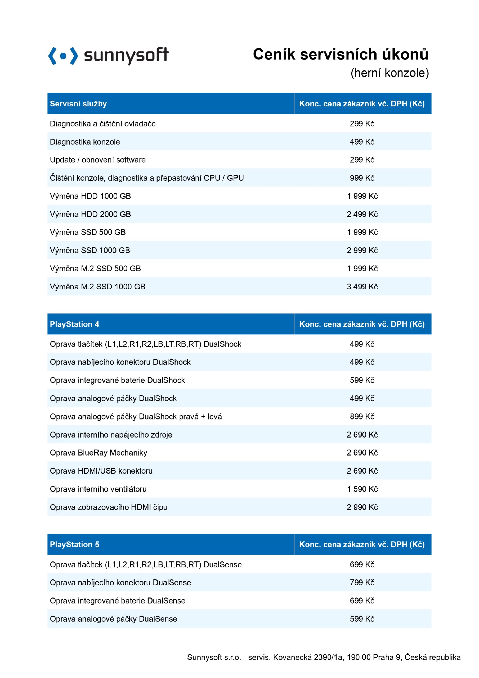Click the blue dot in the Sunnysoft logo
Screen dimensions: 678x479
click(63, 56)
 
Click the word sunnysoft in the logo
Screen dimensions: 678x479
click(126, 55)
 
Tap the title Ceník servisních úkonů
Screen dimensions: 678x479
click(340, 54)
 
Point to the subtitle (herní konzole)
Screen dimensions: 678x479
click(389, 73)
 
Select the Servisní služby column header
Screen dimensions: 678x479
click(78, 104)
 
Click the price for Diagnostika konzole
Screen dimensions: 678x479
click(362, 142)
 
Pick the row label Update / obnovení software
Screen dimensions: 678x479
click(97, 160)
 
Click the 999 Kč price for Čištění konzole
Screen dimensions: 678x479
click(362, 178)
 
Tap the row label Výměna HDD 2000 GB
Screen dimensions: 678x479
click(90, 214)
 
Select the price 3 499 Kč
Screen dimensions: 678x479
click(362, 287)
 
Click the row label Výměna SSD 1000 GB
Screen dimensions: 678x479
click(90, 251)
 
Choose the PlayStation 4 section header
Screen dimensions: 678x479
click(74, 324)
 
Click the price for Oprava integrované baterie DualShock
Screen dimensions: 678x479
click(362, 380)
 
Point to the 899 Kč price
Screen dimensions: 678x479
click(362, 416)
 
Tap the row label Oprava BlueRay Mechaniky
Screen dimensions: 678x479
click(98, 453)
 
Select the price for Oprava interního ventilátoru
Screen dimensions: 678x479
click(362, 489)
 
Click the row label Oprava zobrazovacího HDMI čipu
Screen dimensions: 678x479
click(108, 507)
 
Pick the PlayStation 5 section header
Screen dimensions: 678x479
click(74, 545)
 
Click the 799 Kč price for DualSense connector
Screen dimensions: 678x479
click(362, 582)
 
